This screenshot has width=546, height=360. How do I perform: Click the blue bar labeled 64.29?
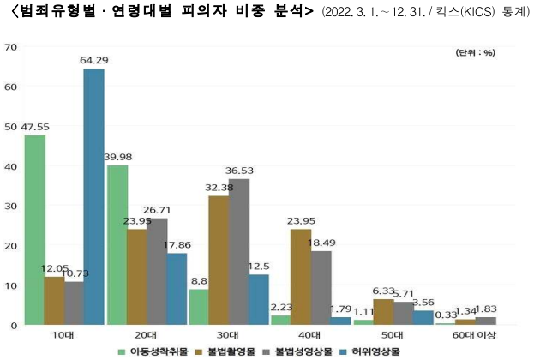(93, 196)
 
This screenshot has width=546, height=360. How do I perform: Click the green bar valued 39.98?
(117, 245)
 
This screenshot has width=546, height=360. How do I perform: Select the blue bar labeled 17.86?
(176, 289)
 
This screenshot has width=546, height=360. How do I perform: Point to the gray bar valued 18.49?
(320, 288)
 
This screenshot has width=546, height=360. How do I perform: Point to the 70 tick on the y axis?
(11, 46)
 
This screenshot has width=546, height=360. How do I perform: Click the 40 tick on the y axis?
(11, 165)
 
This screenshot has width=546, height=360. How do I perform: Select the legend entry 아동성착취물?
(152, 351)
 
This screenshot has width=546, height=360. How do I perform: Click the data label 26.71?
(157, 209)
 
